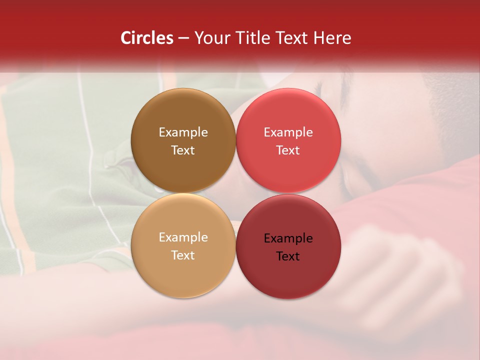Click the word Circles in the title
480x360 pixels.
[146, 38]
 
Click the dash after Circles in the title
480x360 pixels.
[183, 38]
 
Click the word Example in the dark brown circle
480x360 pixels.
[183, 132]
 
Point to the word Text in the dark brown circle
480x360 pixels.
[183, 150]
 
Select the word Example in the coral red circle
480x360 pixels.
[288, 132]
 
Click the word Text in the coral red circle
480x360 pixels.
[288, 150]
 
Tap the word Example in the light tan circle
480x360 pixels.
[183, 237]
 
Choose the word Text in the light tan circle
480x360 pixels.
[183, 255]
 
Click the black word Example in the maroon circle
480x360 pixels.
[288, 238]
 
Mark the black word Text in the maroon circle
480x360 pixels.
[288, 256]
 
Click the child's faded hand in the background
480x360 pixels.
[400, 270]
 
